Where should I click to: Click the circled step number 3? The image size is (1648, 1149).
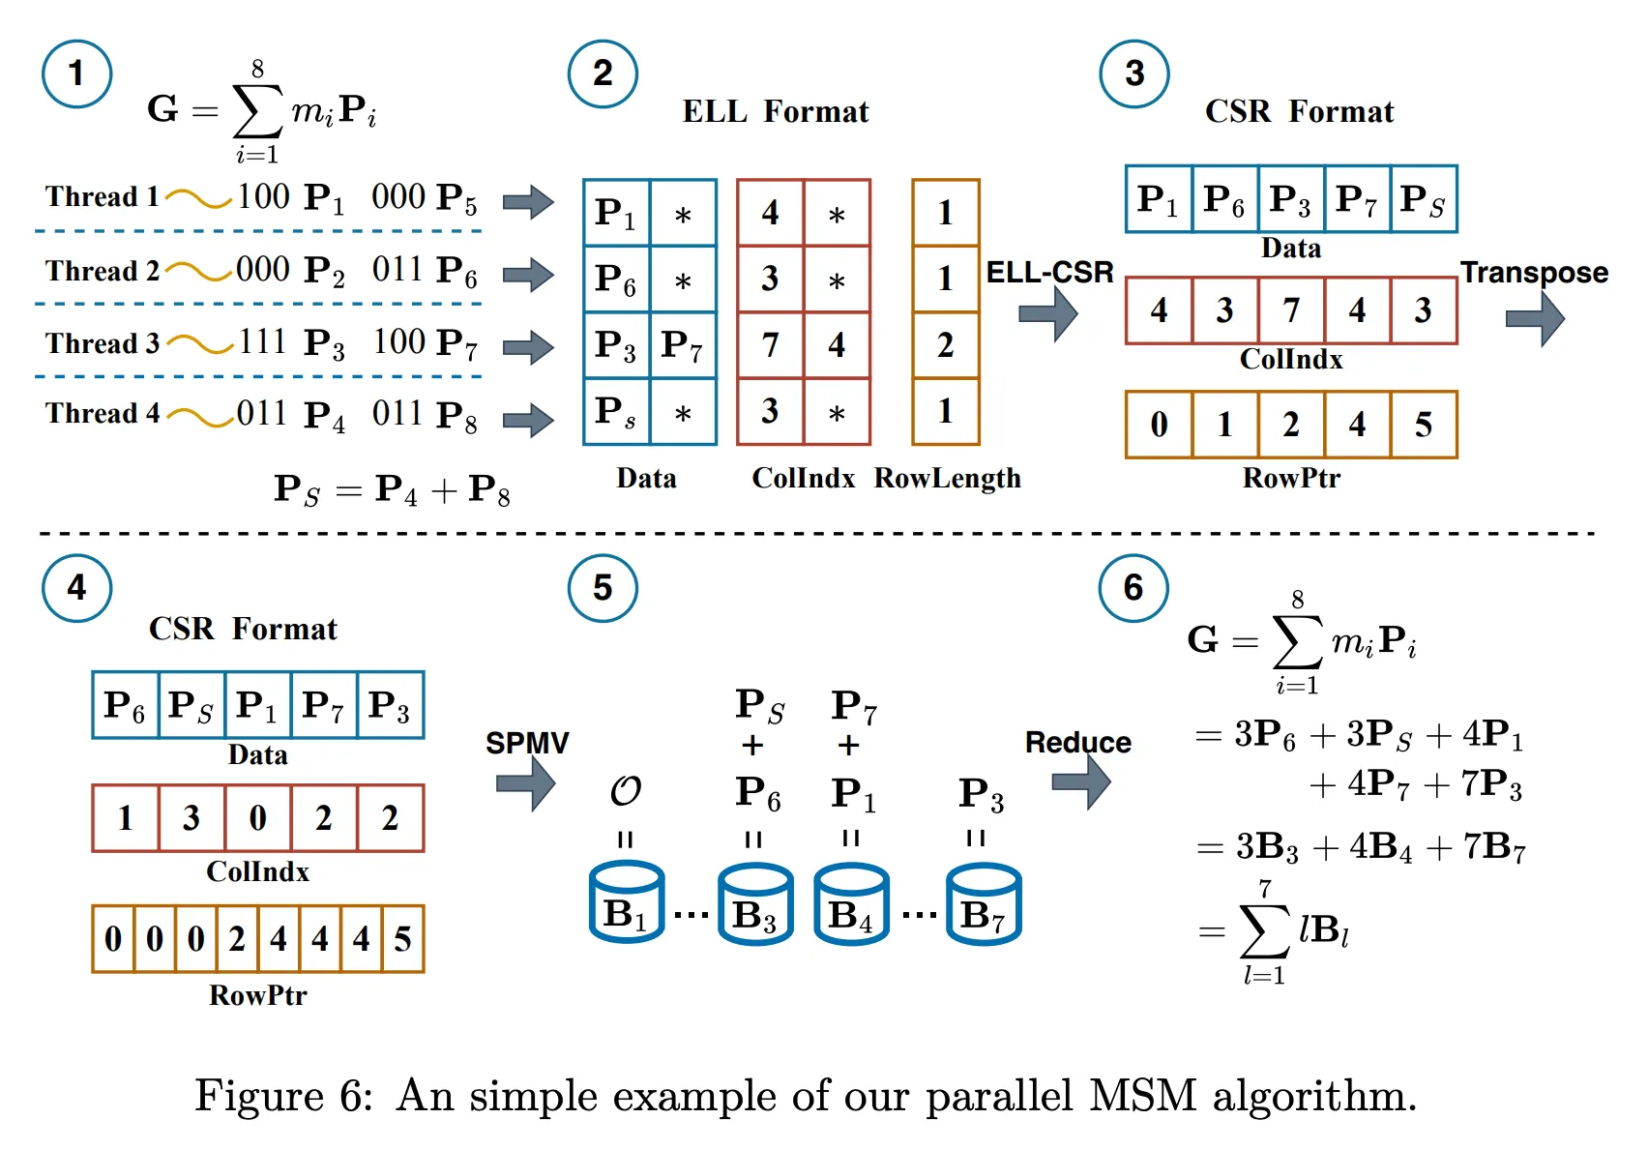[1134, 74]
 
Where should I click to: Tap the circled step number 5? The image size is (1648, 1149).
[603, 588]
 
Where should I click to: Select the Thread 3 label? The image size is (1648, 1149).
[102, 344]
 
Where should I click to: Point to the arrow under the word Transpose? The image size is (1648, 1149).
[1535, 317]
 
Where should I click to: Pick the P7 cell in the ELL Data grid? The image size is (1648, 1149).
[683, 345]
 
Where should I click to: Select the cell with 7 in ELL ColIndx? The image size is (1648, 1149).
[770, 345]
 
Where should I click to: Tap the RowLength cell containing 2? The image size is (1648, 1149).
[946, 345]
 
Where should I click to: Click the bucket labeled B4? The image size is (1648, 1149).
[851, 903]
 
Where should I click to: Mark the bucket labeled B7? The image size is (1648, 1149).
[984, 903]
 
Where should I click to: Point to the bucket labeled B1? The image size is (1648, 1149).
[627, 903]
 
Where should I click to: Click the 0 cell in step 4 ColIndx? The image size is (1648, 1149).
[257, 818]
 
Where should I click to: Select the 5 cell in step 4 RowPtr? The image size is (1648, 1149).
[402, 939]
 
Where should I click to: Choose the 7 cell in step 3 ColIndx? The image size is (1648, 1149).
[1291, 310]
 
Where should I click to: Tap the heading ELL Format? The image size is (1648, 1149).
[776, 112]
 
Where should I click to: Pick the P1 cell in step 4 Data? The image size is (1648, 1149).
[257, 705]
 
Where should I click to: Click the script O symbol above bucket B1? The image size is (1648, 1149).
[626, 791]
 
